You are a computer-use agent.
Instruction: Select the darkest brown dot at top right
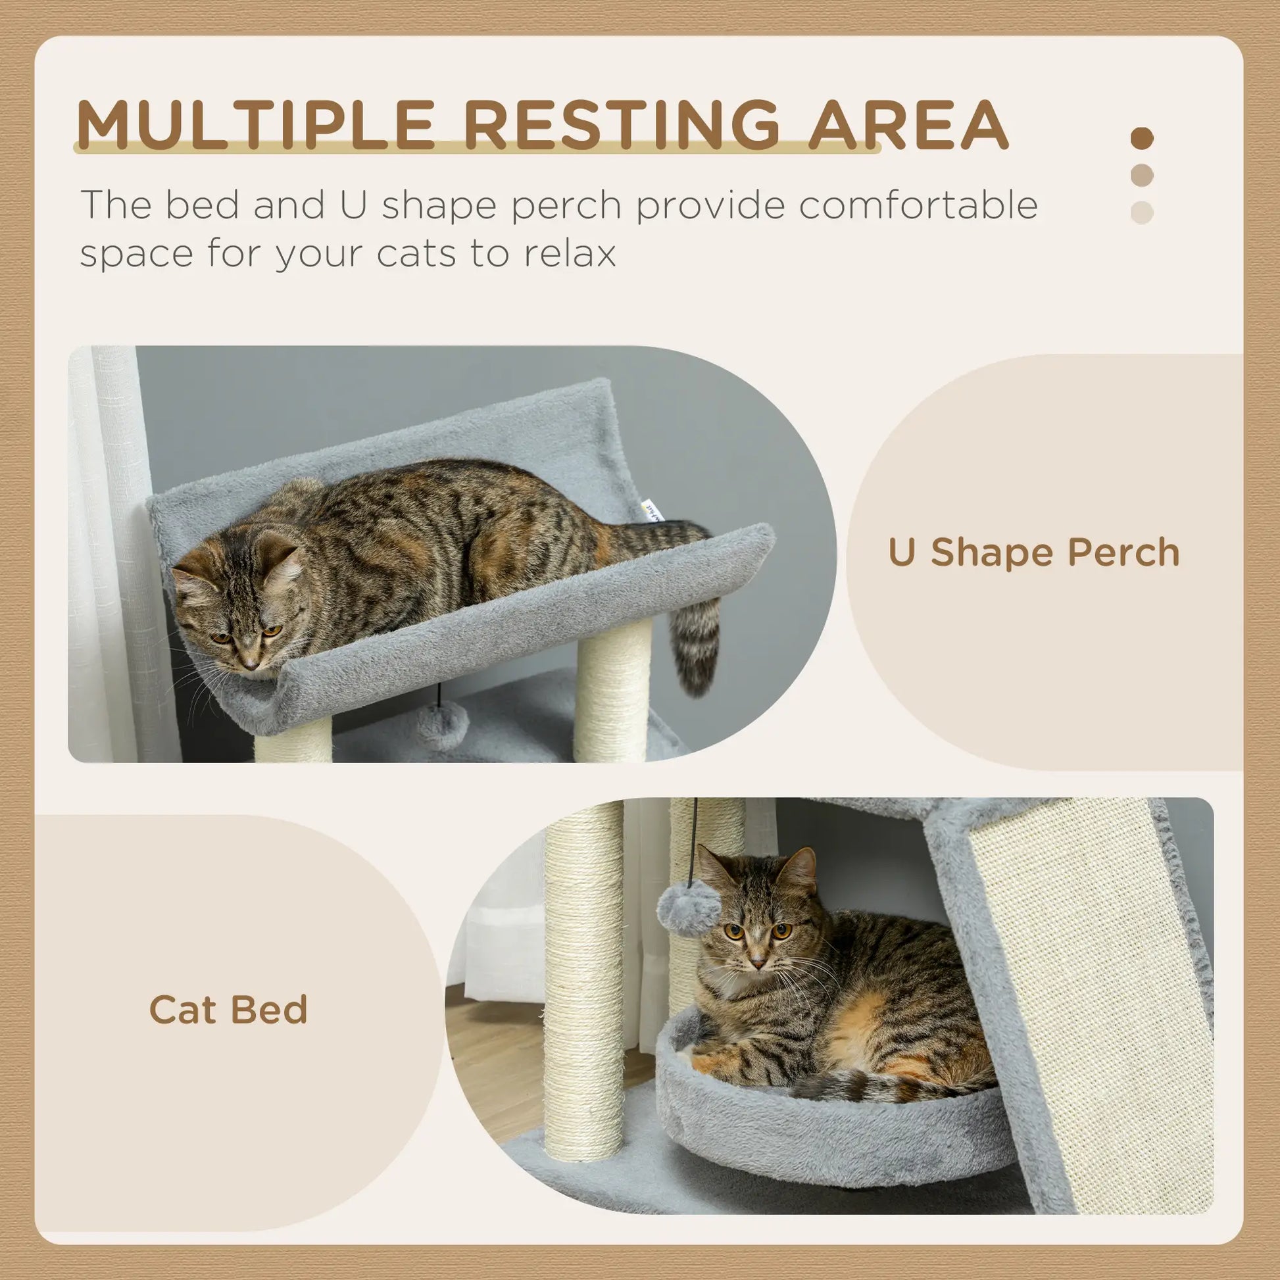[x=1141, y=139]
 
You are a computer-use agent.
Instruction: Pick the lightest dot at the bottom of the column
[x=1141, y=212]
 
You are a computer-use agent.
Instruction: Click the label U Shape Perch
[x=1033, y=553]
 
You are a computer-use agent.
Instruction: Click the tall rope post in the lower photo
[x=583, y=981]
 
